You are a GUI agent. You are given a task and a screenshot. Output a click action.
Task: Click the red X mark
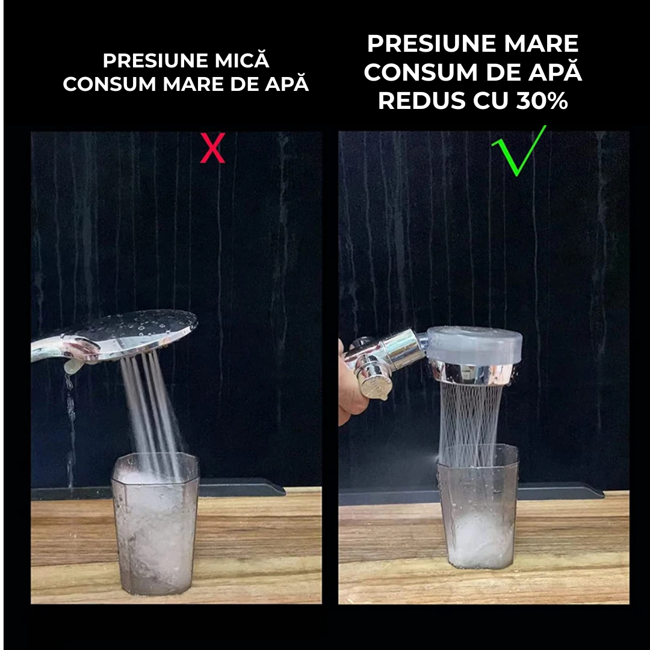pos(212,147)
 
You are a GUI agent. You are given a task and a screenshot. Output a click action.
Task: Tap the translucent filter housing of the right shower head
pos(474,345)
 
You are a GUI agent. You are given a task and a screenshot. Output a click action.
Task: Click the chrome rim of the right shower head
pos(472,374)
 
